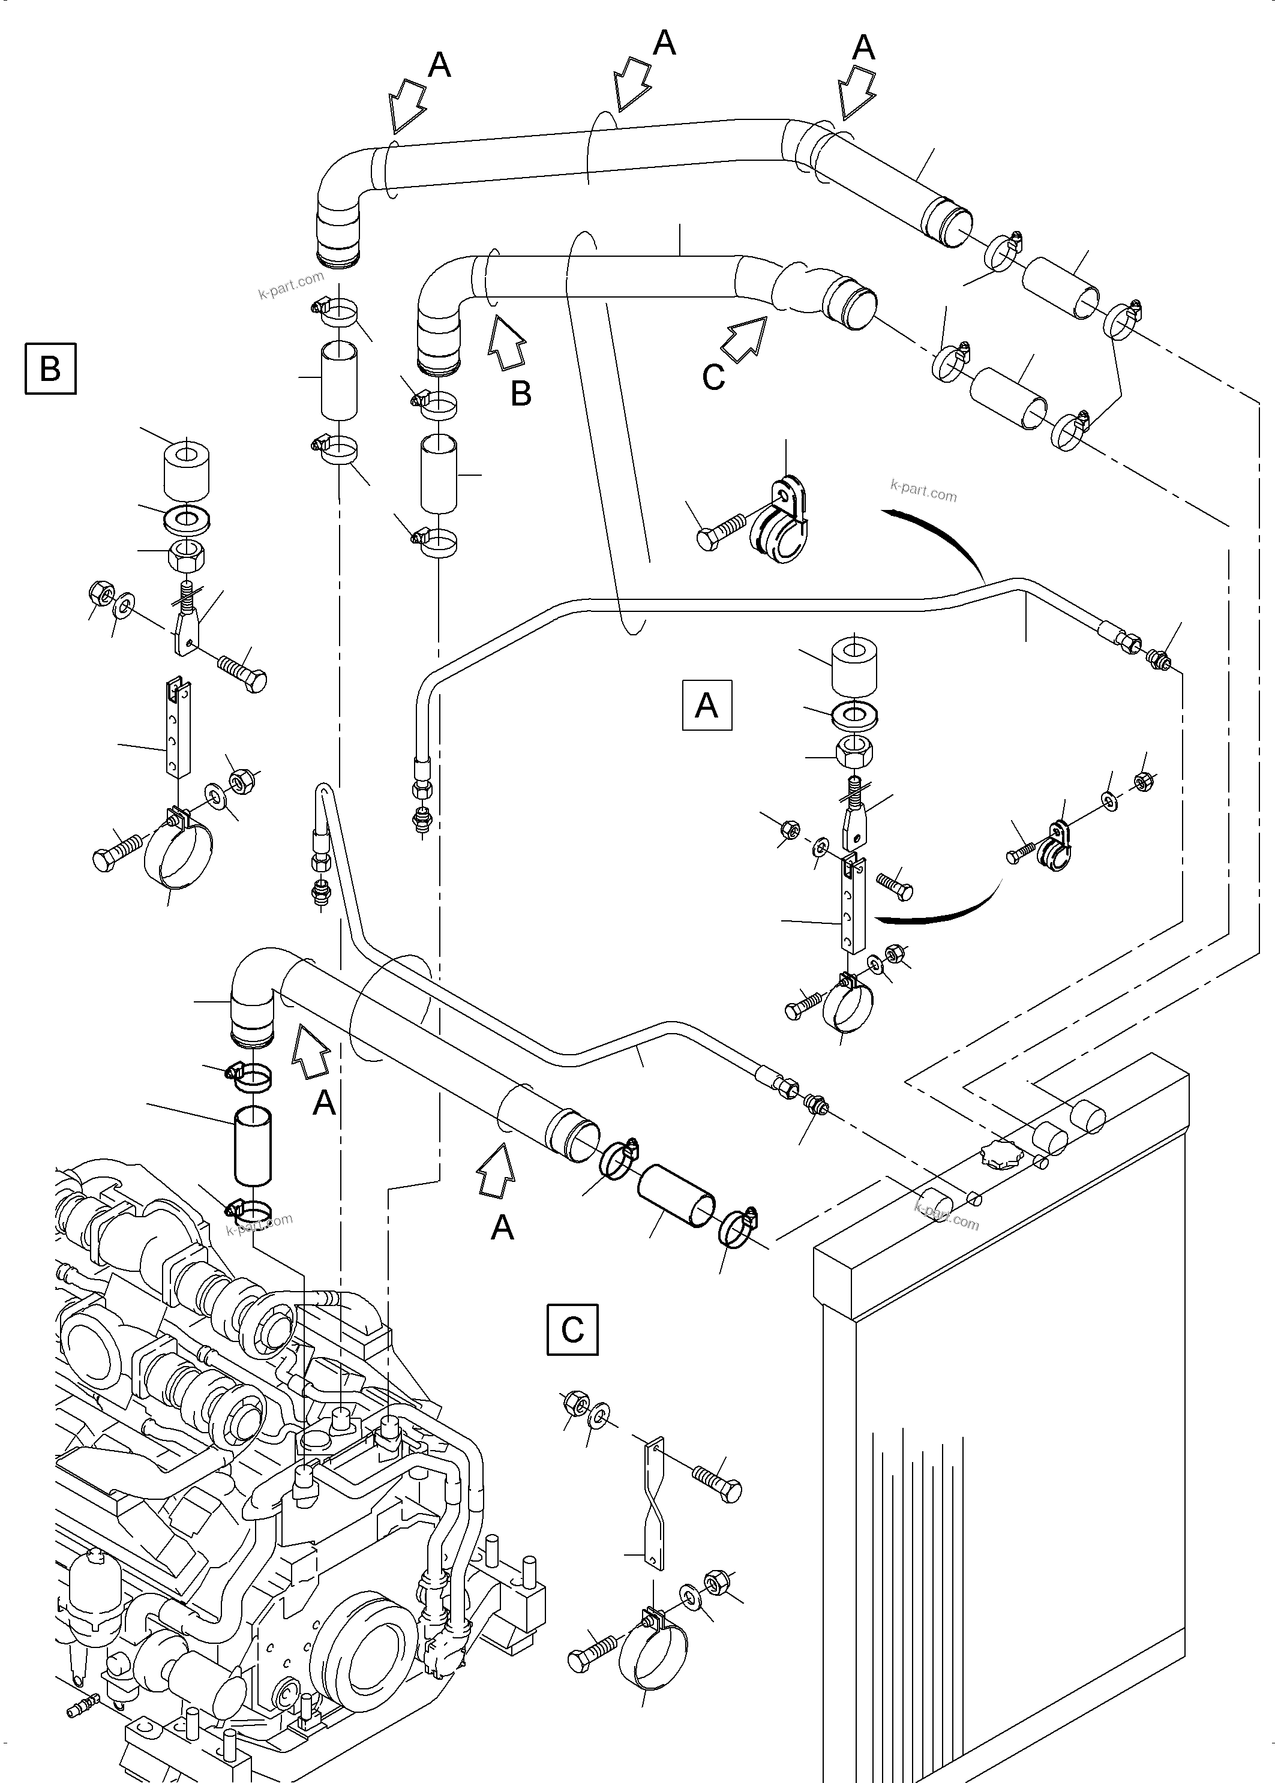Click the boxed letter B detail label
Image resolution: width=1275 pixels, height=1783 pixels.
50,368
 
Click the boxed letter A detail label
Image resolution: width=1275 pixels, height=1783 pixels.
707,706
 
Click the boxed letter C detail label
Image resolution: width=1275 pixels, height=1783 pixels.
572,1329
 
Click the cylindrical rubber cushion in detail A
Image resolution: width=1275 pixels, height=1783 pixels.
853,667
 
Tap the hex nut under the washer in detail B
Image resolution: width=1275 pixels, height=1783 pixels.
188,557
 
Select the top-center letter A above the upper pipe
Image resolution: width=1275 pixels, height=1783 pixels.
664,44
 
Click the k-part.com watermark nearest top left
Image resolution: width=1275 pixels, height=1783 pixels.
290,285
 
